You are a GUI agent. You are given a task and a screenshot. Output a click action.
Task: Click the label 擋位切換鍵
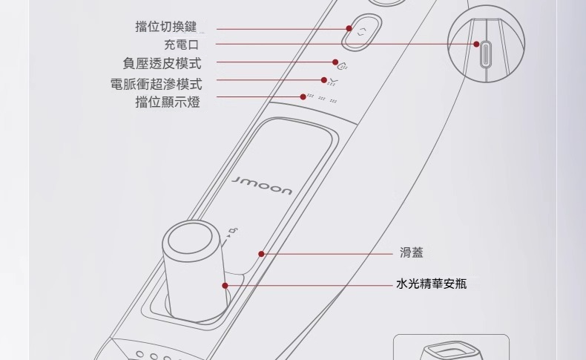click(x=166, y=27)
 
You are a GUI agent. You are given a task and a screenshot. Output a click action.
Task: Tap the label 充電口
click(x=181, y=46)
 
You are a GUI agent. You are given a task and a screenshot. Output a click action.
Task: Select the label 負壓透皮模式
click(x=162, y=65)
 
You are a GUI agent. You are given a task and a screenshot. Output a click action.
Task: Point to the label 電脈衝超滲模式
click(x=156, y=84)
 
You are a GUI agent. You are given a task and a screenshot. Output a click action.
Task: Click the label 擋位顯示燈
click(x=168, y=102)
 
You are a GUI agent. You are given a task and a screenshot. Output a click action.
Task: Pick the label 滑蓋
click(x=412, y=254)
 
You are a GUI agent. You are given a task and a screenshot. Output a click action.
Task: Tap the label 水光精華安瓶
click(x=432, y=284)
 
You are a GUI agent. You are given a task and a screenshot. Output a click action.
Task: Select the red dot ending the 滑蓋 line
click(x=262, y=254)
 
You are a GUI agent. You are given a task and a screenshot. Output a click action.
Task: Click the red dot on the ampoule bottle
click(x=225, y=285)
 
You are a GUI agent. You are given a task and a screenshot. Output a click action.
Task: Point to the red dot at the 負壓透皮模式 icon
click(x=335, y=62)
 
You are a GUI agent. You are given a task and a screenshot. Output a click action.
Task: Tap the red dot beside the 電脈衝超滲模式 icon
click(x=324, y=79)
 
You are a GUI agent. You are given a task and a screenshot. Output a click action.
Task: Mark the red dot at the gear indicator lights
click(x=303, y=96)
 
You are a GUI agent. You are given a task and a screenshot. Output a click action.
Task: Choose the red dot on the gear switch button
click(x=349, y=28)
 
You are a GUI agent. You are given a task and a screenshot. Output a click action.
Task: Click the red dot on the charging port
click(x=477, y=45)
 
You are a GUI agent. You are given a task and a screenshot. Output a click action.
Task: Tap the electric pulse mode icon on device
click(x=332, y=80)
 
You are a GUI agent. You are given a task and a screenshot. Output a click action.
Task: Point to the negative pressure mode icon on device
click(x=343, y=64)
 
